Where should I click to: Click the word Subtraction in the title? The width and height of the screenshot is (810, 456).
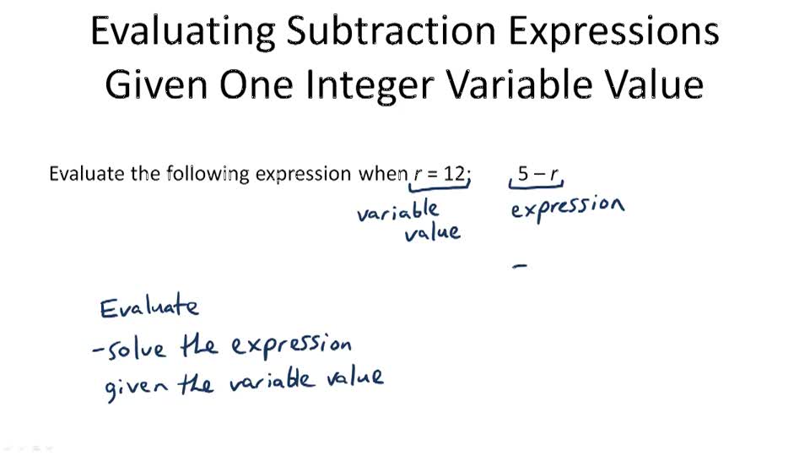coord(389,32)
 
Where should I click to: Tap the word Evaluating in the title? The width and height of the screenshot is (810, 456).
coord(182,32)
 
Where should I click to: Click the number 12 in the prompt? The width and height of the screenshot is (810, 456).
coord(455,174)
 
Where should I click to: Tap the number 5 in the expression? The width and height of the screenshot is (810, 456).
coord(523,174)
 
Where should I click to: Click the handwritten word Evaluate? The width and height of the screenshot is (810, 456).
coord(149,307)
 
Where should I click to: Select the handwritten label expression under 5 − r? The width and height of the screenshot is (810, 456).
coord(567,207)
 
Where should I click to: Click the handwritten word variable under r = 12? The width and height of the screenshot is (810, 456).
coord(397,211)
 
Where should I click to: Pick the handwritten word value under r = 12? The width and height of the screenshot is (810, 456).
coord(432,232)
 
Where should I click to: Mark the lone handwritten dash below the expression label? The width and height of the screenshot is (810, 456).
coord(520,266)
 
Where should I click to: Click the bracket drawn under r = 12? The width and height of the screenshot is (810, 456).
coord(440,190)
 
